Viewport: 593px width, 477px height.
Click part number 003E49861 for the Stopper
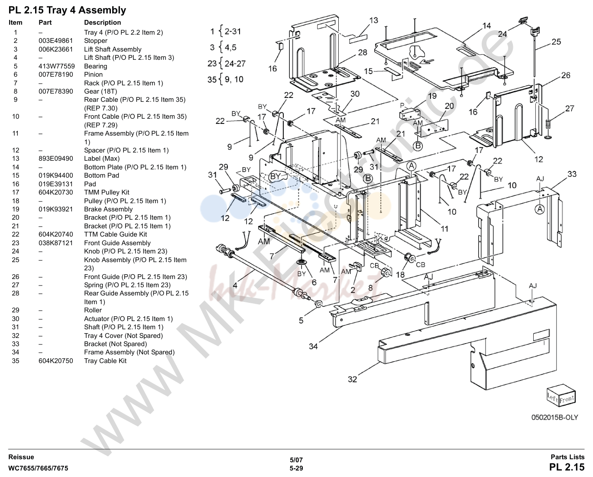click(x=56, y=41)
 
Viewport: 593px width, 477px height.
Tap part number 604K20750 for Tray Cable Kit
click(x=56, y=361)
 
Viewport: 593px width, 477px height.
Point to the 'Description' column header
click(x=103, y=23)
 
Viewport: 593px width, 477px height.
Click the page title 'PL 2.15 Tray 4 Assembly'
click(x=67, y=10)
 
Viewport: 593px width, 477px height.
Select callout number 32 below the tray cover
click(x=353, y=379)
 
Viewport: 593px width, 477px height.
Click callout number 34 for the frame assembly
click(x=313, y=347)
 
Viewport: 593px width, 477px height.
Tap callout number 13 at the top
click(x=374, y=20)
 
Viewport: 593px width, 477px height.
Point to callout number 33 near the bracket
click(x=572, y=174)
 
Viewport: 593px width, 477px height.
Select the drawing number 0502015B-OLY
click(x=555, y=417)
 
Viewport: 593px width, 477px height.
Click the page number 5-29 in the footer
click(x=296, y=468)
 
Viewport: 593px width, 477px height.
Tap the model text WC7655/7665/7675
click(x=38, y=468)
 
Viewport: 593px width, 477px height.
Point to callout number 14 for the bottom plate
click(x=486, y=26)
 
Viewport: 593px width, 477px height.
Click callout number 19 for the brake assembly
click(x=432, y=96)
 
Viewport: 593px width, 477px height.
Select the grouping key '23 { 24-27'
click(x=227, y=63)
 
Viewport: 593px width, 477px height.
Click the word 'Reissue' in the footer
click(x=21, y=457)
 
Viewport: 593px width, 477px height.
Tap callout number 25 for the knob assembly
click(x=556, y=42)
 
